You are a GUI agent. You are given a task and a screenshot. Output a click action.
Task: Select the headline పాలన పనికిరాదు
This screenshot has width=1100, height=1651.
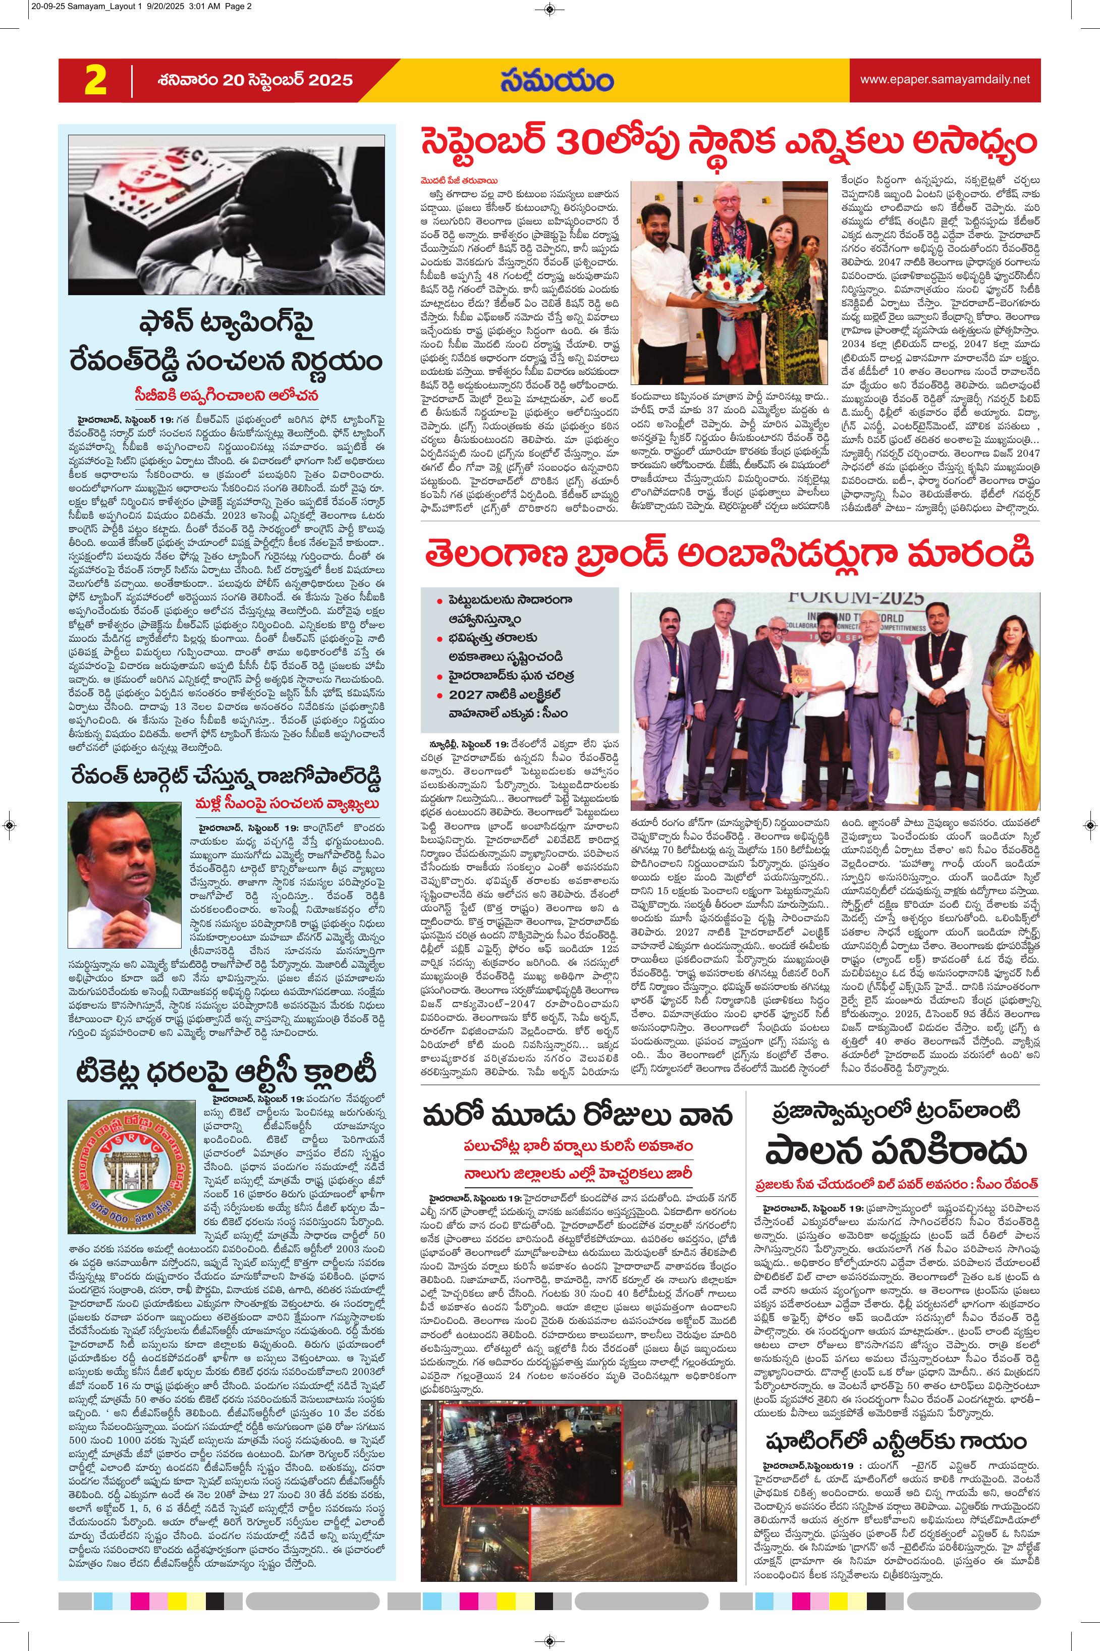(x=895, y=1151)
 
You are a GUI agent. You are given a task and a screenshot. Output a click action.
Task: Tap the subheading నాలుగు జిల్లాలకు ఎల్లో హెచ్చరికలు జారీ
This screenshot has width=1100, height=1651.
(x=577, y=1173)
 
